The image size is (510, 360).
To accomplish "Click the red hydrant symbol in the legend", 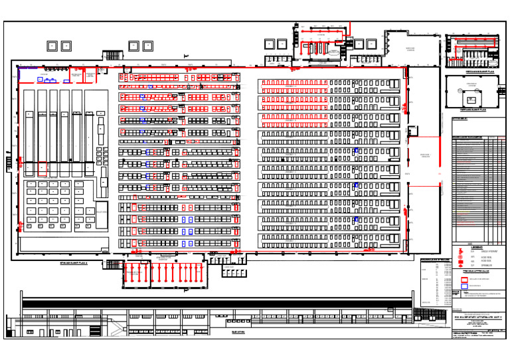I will (x=458, y=251).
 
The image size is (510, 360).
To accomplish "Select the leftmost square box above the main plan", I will (x=52, y=46).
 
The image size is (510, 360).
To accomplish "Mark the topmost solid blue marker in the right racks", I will (x=356, y=151).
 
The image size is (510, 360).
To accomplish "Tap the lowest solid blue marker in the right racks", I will (x=356, y=219).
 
